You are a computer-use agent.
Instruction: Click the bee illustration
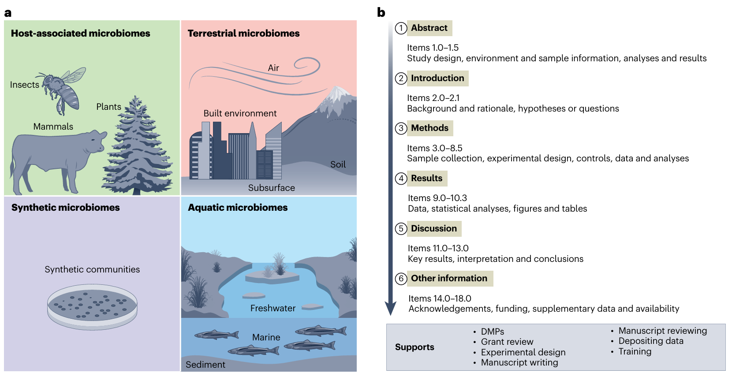point(64,90)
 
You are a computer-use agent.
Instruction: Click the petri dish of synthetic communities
point(92,306)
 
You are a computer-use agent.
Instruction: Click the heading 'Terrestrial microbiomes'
point(243,34)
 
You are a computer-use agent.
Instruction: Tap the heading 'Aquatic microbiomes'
point(238,208)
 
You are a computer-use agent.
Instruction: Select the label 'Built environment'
point(240,113)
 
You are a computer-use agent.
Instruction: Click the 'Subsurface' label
point(271,188)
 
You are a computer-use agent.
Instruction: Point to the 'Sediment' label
point(205,365)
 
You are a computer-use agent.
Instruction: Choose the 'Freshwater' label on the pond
point(273,308)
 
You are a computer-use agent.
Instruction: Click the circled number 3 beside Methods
point(401,128)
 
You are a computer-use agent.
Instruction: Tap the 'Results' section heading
point(426,178)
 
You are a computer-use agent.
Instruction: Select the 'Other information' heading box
point(449,278)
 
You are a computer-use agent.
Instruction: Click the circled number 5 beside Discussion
point(401,228)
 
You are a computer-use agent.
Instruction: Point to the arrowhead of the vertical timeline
point(390,309)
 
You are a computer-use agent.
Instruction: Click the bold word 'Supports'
point(415,347)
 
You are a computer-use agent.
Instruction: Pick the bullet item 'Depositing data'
point(651,341)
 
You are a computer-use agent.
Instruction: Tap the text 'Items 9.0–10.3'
point(437,198)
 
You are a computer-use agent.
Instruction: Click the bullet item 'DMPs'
point(492,332)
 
